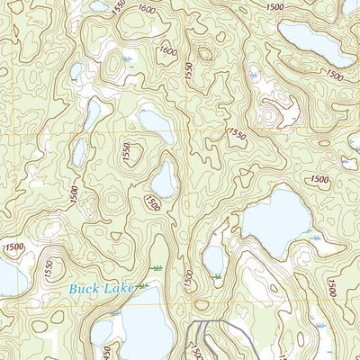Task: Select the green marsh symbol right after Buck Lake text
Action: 157,269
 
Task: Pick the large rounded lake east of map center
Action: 277,221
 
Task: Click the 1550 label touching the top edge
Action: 121,5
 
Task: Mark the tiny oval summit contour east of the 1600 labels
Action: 204,54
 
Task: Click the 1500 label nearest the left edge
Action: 13,246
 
